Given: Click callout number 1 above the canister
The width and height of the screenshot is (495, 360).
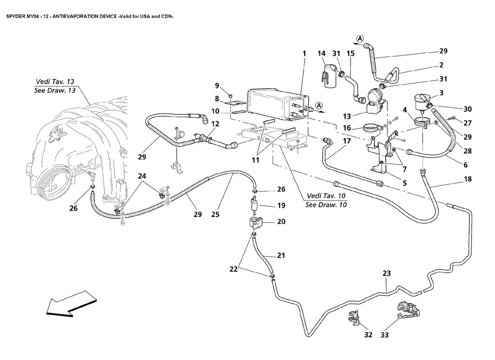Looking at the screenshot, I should point(304,54).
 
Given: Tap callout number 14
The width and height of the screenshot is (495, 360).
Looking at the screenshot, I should point(321,54).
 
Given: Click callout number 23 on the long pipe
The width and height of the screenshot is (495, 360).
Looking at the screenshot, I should point(387,273).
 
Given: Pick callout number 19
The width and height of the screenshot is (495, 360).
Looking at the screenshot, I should point(281,206).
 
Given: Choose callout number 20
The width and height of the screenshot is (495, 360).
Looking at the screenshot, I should point(281,221).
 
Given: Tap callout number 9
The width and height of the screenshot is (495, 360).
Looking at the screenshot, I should point(216,85).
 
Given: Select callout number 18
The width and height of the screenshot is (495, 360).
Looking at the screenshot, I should point(468,179).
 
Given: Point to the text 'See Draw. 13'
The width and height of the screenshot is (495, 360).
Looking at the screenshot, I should point(54,90).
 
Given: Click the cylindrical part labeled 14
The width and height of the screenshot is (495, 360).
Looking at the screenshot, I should point(330,75).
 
